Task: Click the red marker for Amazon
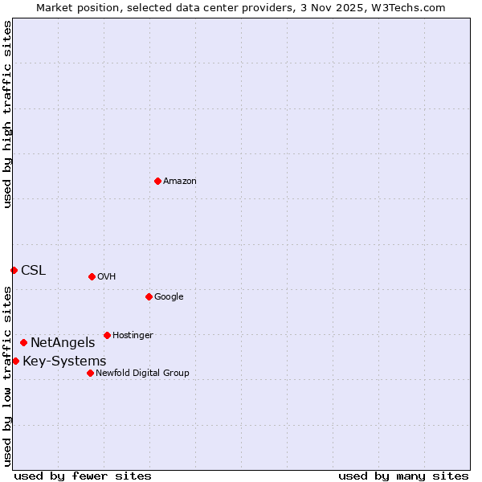pyautogui.click(x=157, y=181)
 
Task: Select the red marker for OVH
pyautogui.click(x=92, y=276)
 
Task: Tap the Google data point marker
pyautogui.click(x=149, y=296)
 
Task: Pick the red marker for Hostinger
pyautogui.click(x=107, y=335)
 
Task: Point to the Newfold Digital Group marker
pyautogui.click(x=90, y=373)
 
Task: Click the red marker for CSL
pyautogui.click(x=14, y=270)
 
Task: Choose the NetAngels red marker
pyautogui.click(x=23, y=343)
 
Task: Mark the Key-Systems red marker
pyautogui.click(x=15, y=361)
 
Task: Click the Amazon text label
pyautogui.click(x=180, y=182)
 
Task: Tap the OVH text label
pyautogui.click(x=107, y=277)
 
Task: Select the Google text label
pyautogui.click(x=169, y=297)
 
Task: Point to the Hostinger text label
pyautogui.click(x=133, y=336)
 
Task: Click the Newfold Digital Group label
pyautogui.click(x=142, y=374)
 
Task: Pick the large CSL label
pyautogui.click(x=34, y=271)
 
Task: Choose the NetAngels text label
pyautogui.click(x=63, y=343)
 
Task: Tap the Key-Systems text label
pyautogui.click(x=64, y=361)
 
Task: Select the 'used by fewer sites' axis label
pyautogui.click(x=83, y=476)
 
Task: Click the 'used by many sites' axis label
pyautogui.click(x=403, y=476)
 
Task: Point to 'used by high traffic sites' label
pyautogui.click(x=7, y=114)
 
